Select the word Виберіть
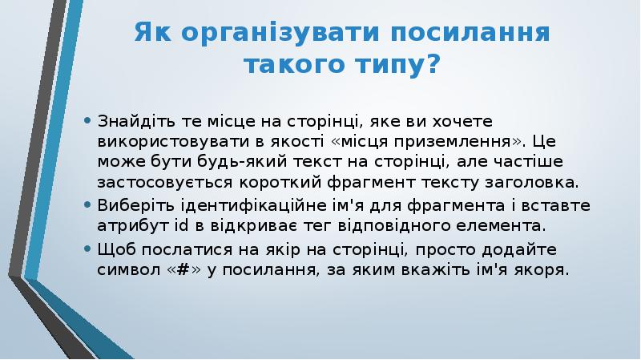pos(131,205)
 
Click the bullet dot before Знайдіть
pos(87,122)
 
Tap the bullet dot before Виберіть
pos(87,205)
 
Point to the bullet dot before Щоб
pos(87,249)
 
